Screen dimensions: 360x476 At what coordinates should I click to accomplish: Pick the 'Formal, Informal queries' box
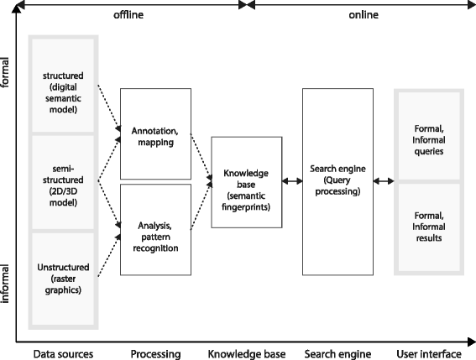429,136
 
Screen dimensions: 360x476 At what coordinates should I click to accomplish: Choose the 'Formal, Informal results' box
429,227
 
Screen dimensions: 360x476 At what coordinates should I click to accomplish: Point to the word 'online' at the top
364,14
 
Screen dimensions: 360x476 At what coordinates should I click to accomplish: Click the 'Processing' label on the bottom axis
157,352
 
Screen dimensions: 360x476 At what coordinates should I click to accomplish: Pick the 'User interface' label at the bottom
429,352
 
